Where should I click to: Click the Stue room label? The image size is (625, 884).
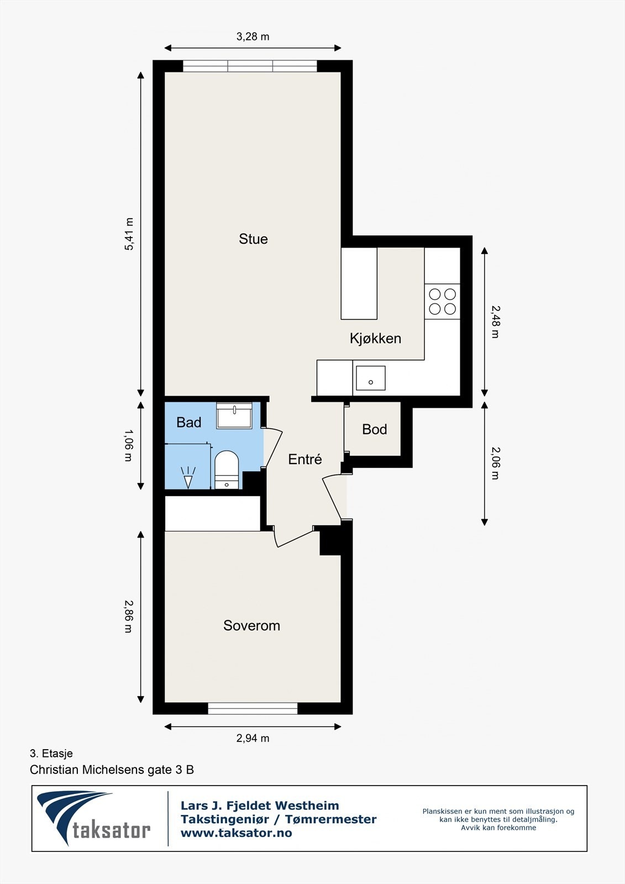[253, 239]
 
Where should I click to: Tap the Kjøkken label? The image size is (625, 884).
[375, 338]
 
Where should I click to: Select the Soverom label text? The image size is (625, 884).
[251, 625]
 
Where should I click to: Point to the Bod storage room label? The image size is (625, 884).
[374, 429]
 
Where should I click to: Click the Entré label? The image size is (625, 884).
[305, 459]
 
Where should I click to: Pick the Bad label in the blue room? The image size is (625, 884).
[189, 422]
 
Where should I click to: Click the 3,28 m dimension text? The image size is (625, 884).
[253, 36]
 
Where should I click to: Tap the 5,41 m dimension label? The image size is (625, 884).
[129, 234]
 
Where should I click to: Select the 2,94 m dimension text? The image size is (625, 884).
[253, 738]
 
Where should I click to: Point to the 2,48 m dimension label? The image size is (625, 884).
[495, 322]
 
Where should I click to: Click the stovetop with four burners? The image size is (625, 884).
[442, 302]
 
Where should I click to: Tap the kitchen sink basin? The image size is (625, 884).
[370, 378]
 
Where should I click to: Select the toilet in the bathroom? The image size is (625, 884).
[226, 470]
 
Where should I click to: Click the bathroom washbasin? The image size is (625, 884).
[234, 415]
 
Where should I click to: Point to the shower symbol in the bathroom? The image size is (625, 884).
[188, 477]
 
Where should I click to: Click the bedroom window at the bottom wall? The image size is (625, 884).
[253, 708]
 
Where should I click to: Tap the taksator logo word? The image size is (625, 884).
[111, 829]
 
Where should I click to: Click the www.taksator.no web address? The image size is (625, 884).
[236, 833]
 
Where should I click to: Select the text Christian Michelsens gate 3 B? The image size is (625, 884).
[112, 770]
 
